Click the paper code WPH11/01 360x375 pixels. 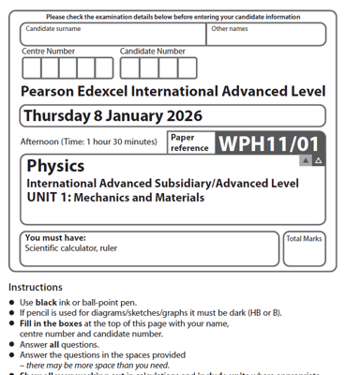pyautogui.click(x=268, y=142)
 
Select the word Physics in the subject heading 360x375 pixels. pyautogui.click(x=55, y=166)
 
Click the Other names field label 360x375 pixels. pyautogui.click(x=230, y=29)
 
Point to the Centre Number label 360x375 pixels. pyautogui.click(x=48, y=52)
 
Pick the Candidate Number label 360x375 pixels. pyautogui.click(x=153, y=52)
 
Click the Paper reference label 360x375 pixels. pyautogui.click(x=189, y=142)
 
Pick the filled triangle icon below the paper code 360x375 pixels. pyautogui.click(x=305, y=161)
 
